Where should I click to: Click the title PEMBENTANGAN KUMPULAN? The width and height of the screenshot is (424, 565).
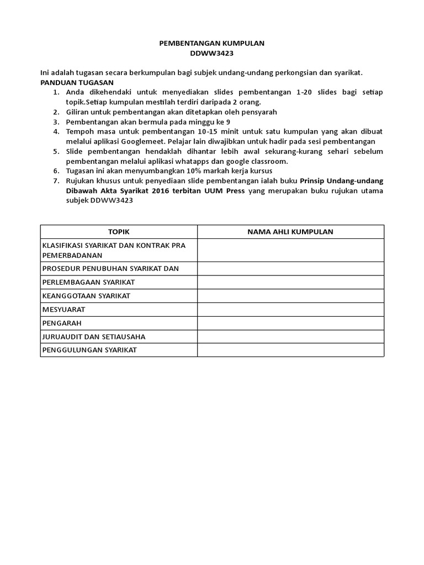[212, 43]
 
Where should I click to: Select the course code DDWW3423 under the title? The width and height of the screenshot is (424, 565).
[212, 53]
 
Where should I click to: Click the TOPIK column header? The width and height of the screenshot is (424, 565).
[119, 232]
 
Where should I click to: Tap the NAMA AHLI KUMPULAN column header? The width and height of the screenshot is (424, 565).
[290, 232]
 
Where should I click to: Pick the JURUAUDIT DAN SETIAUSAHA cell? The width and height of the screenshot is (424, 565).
[94, 337]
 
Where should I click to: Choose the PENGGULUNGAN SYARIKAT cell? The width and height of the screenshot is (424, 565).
[89, 350]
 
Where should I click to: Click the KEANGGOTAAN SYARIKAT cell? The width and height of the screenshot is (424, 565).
[86, 296]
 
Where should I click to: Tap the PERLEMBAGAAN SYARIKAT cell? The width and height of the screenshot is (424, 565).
[88, 282]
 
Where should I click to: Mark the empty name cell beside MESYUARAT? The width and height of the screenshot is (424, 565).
[290, 310]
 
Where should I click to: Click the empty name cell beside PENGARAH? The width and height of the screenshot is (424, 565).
[290, 323]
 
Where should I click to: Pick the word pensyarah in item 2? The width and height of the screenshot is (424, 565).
[258, 111]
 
